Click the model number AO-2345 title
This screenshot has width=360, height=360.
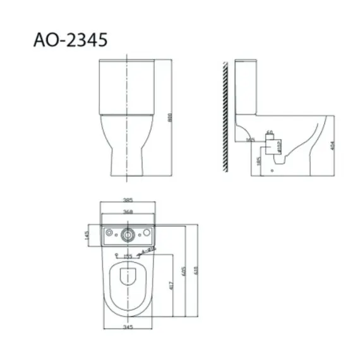pyautogui.click(x=69, y=40)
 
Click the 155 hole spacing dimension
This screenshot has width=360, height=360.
pyautogui.click(x=128, y=256)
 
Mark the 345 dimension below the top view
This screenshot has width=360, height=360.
pyautogui.click(x=128, y=328)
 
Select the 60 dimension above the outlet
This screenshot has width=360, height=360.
pyautogui.click(x=270, y=133)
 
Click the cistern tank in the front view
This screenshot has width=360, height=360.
pyautogui.click(x=128, y=85)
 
